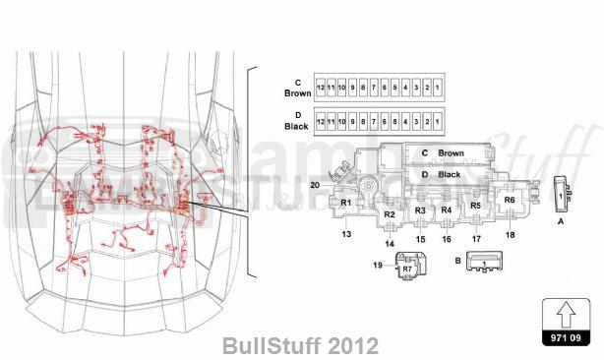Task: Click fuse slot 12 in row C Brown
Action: click(321, 89)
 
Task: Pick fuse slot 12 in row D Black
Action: click(321, 124)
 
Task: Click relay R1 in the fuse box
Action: click(345, 203)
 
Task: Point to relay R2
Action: click(390, 213)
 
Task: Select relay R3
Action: click(420, 210)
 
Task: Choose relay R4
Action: click(446, 210)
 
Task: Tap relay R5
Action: click(476, 206)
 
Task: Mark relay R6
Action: click(509, 200)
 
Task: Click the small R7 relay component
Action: click(407, 267)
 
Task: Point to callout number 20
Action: click(315, 185)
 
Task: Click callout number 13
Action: click(346, 234)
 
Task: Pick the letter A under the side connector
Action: click(561, 223)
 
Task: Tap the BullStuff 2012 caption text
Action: click(300, 346)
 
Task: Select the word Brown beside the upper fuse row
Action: click(297, 93)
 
